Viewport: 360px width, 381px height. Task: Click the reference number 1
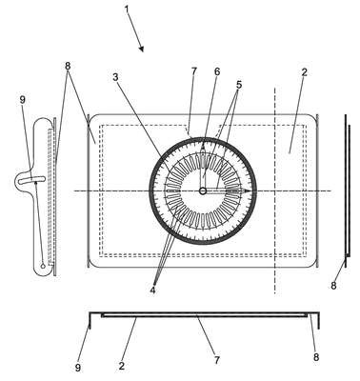point(127,9)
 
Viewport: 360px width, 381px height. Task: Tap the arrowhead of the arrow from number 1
point(142,50)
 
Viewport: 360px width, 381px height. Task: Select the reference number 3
point(116,77)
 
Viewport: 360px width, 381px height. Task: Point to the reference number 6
point(217,71)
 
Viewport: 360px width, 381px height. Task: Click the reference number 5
point(239,85)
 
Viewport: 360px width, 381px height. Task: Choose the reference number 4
point(152,290)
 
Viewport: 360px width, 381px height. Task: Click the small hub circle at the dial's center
point(203,191)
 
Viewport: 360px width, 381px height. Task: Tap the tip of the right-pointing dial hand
point(250,190)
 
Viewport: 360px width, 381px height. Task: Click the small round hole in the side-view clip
point(43,266)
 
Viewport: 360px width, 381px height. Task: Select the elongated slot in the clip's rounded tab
point(31,179)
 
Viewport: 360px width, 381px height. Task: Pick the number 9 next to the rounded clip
point(22,100)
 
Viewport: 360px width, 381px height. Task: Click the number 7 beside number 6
point(194,71)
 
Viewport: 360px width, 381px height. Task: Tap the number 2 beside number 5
point(304,72)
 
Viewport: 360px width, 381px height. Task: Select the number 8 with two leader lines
point(68,66)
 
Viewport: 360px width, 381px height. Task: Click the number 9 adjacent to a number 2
point(78,368)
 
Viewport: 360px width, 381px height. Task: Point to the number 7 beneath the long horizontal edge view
point(217,360)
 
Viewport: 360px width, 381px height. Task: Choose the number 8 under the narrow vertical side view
point(333,286)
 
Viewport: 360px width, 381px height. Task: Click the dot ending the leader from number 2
point(290,152)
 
